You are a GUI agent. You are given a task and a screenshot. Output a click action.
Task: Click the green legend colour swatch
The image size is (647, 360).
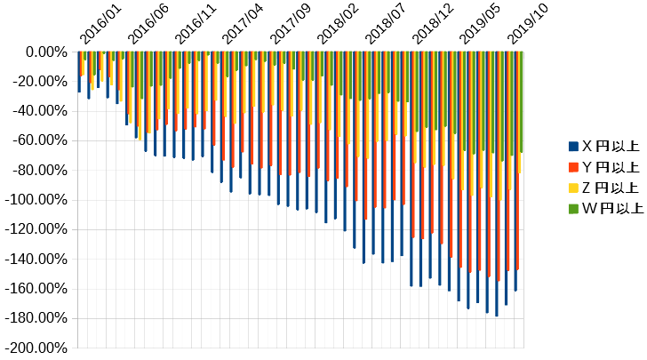[x=573, y=209]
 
